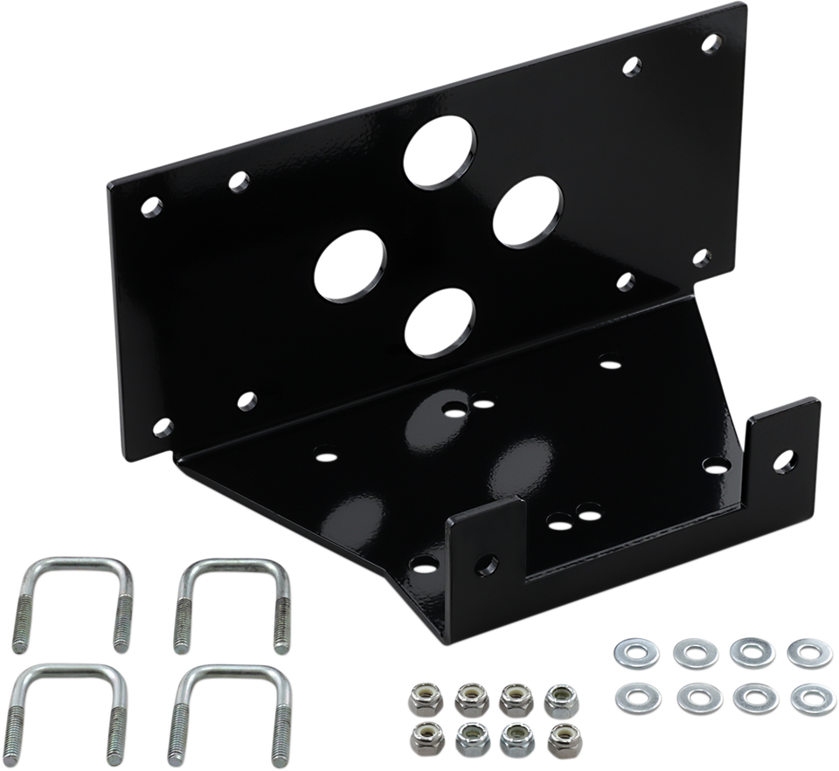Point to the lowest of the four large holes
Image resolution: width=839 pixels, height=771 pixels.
click(x=440, y=323)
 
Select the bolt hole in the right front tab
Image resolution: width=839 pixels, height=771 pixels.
click(x=786, y=456)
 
